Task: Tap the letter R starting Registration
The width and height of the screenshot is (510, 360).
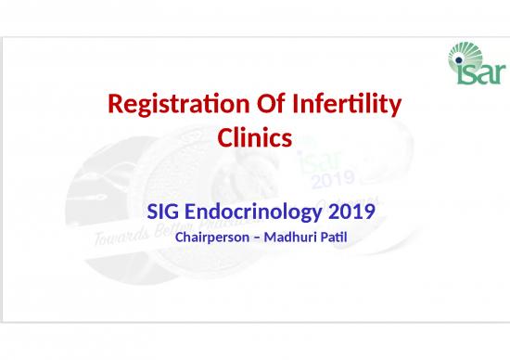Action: pyautogui.click(x=116, y=108)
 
